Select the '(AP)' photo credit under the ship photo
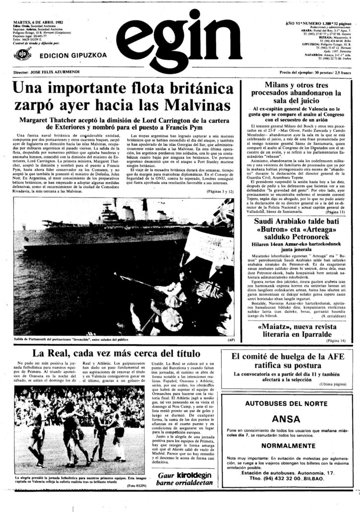[230, 340]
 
